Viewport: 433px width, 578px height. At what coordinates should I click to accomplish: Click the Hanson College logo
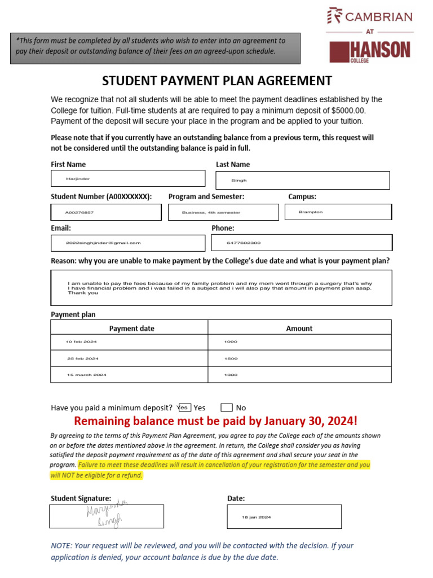[x=370, y=51]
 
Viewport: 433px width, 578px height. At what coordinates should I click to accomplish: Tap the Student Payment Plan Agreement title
[x=217, y=80]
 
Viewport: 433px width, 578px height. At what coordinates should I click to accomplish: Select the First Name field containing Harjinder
[x=128, y=178]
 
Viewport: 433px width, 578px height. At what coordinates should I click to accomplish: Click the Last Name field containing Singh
[x=303, y=181]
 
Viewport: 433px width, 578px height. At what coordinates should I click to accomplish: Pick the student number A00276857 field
[x=106, y=212]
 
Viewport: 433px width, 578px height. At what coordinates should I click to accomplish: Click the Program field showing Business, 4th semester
[x=223, y=212]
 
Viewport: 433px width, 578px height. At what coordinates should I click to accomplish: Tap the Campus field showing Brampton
[x=337, y=212]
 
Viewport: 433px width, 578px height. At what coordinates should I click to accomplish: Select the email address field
[x=128, y=243]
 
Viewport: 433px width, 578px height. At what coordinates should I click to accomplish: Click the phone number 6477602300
[x=302, y=243]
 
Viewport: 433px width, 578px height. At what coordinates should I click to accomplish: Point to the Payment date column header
[x=131, y=328]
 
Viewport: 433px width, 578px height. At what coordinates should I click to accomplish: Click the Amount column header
[x=299, y=328]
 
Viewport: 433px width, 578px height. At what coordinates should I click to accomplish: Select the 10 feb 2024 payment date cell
[x=129, y=342]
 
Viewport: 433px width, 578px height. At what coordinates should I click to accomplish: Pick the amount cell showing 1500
[x=299, y=358]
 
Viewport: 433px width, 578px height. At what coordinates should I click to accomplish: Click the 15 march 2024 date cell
[x=129, y=375]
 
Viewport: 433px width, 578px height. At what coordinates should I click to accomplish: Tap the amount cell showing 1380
[x=299, y=375]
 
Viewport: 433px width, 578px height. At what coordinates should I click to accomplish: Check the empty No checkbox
[x=227, y=408]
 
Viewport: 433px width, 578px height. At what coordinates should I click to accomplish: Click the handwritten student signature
[x=107, y=515]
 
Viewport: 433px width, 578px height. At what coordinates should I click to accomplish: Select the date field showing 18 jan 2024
[x=284, y=516]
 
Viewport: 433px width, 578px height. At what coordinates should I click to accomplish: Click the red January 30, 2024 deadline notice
[x=216, y=422]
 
